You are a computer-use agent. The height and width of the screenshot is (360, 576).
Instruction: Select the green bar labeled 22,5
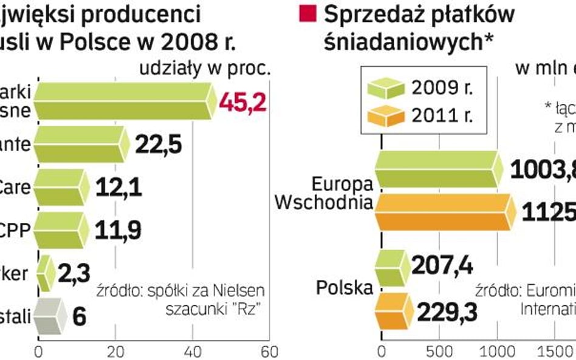(x=79, y=144)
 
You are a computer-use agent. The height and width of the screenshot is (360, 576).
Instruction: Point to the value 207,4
(x=442, y=265)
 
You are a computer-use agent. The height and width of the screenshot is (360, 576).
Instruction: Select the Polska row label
(x=344, y=287)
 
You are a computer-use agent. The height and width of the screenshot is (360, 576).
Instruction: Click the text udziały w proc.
(x=205, y=68)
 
